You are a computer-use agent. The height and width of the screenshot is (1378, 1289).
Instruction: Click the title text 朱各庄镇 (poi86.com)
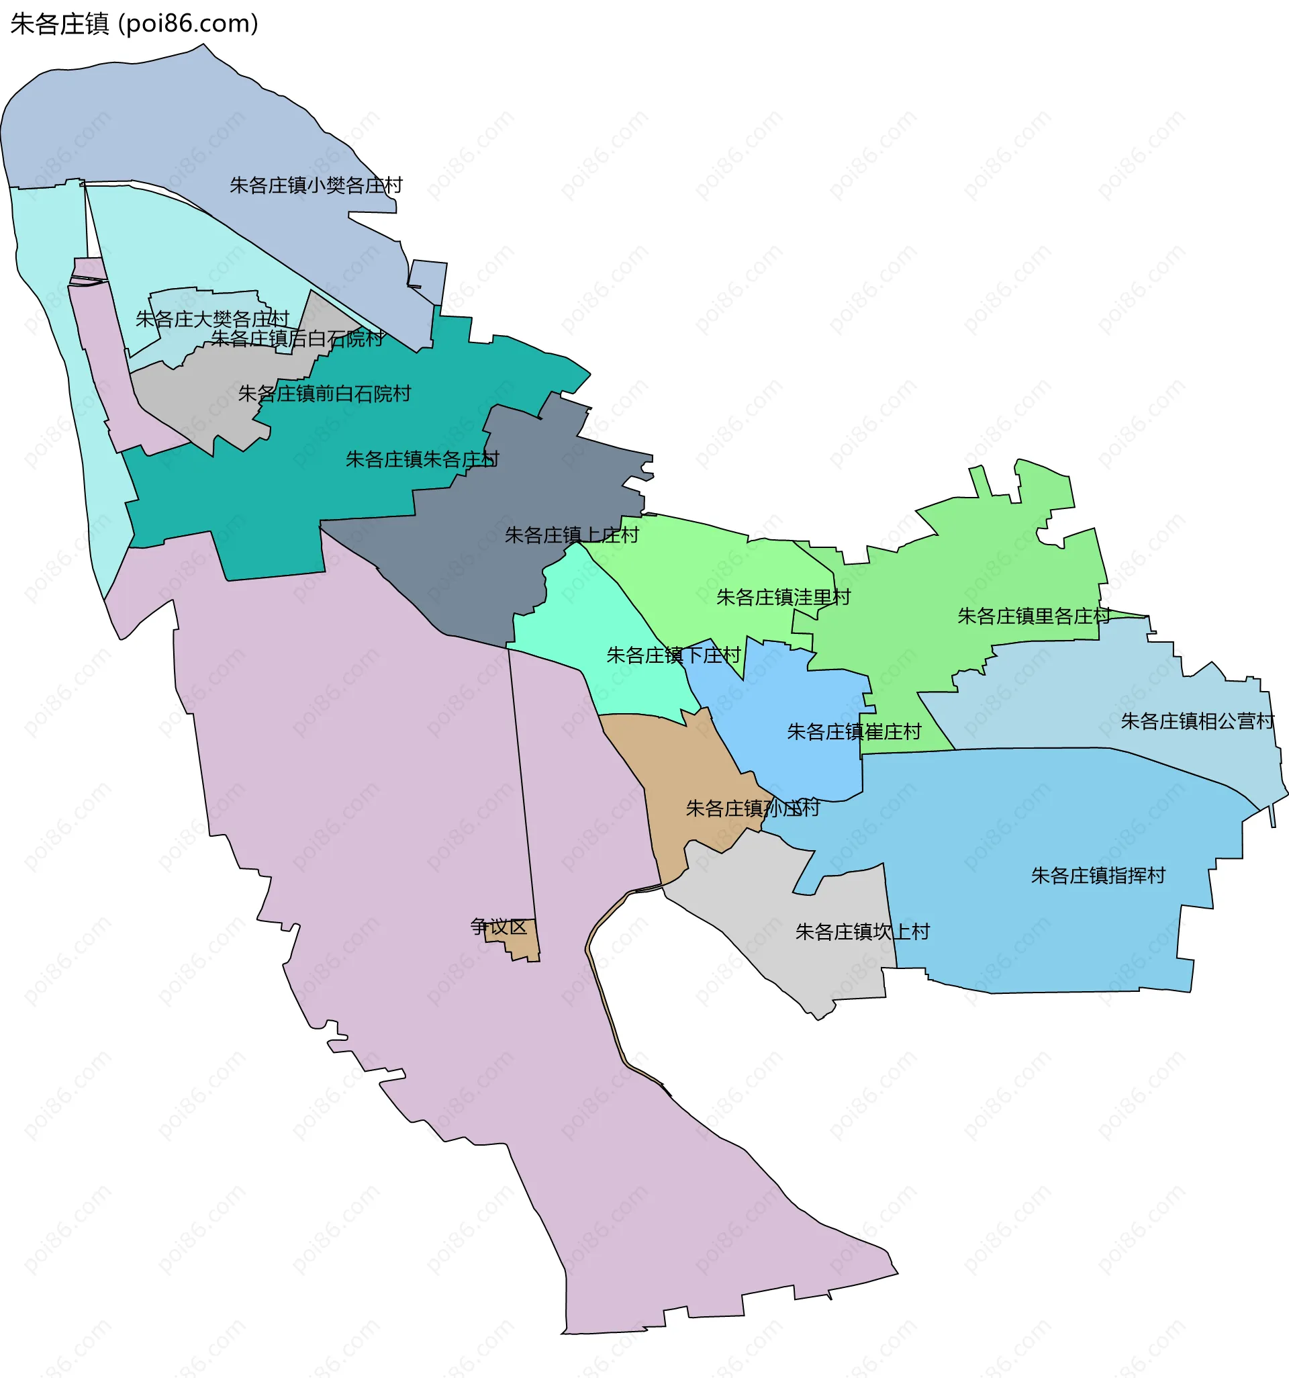pos(134,24)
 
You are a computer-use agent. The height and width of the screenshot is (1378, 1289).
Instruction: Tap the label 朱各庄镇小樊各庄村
pos(316,185)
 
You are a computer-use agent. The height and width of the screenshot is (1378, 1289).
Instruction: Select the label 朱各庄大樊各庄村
pos(212,319)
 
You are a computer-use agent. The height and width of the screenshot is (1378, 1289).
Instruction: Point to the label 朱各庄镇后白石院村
pos(297,338)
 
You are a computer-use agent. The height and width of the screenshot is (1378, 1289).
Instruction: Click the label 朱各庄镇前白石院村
pos(324,394)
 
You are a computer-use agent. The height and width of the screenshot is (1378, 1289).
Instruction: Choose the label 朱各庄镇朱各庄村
pos(422,459)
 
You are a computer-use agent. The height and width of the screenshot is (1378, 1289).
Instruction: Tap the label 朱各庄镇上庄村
pos(571,535)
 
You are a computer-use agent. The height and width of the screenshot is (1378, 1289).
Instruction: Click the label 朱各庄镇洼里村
pos(783,597)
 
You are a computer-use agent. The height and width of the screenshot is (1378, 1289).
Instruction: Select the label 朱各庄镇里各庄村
pos(1033,616)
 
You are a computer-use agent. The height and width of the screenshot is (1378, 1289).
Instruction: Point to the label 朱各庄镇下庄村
pos(673,655)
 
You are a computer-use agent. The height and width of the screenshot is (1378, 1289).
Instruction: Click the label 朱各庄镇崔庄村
pos(854,732)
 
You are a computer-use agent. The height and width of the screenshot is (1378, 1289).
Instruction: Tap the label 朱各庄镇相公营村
pos(1197,722)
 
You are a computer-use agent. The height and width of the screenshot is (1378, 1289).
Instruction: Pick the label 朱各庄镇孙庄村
pos(753,809)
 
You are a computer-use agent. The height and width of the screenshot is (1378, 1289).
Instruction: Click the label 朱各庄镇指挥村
pos(1098,876)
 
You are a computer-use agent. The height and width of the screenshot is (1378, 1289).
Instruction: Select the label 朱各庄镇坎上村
pos(862,931)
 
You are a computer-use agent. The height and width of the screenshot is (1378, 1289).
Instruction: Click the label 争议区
pos(498,927)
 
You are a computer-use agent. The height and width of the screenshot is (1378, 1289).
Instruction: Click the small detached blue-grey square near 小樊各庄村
pos(428,281)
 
